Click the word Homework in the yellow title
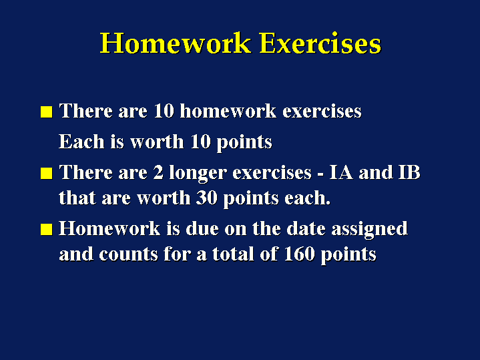(x=176, y=43)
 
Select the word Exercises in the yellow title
(x=320, y=43)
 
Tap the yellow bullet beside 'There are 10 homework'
(x=47, y=112)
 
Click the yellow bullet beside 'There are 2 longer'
(x=47, y=173)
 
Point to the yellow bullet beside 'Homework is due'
(x=47, y=229)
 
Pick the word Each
(x=81, y=142)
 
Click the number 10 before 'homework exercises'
(x=164, y=111)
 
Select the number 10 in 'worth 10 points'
(x=200, y=142)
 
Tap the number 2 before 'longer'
(x=158, y=172)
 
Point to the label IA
(x=340, y=172)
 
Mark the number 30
(x=207, y=198)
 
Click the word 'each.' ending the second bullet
(x=307, y=198)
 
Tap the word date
(x=306, y=228)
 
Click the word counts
(x=128, y=254)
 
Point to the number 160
(x=299, y=254)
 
